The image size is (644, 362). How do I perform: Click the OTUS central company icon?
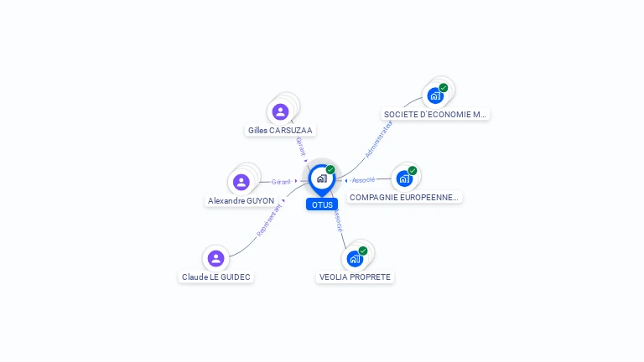pyautogui.click(x=321, y=178)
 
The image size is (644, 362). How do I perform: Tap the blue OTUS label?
pyautogui.click(x=322, y=204)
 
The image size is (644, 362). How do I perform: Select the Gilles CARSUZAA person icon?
pyautogui.click(x=280, y=111)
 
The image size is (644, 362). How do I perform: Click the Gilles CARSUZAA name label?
pyautogui.click(x=281, y=131)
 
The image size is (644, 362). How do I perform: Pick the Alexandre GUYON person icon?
pyautogui.click(x=241, y=182)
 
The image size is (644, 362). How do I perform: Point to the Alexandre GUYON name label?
pyautogui.click(x=241, y=201)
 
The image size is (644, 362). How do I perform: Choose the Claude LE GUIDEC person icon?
pyautogui.click(x=216, y=258)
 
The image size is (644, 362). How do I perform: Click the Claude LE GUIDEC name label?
pyautogui.click(x=216, y=277)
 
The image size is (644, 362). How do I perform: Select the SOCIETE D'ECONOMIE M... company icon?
pyautogui.click(x=435, y=96)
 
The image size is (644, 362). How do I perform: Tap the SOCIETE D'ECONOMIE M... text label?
pyautogui.click(x=434, y=114)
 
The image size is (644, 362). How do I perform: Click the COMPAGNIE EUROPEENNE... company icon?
pyautogui.click(x=404, y=178)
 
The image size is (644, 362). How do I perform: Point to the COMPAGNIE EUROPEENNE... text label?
pyautogui.click(x=404, y=198)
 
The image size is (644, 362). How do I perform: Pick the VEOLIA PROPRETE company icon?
pyautogui.click(x=355, y=258)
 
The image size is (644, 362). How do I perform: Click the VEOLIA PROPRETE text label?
pyautogui.click(x=355, y=277)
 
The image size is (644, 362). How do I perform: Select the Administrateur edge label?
pyautogui.click(x=379, y=138)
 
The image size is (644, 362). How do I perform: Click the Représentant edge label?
pyautogui.click(x=269, y=220)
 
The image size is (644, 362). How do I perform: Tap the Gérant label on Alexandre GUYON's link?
pyautogui.click(x=281, y=182)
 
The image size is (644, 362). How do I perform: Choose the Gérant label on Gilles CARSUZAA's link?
pyautogui.click(x=301, y=146)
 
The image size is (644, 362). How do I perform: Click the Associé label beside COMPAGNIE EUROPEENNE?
pyautogui.click(x=363, y=180)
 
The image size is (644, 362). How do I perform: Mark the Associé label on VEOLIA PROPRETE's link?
pyautogui.click(x=338, y=220)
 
